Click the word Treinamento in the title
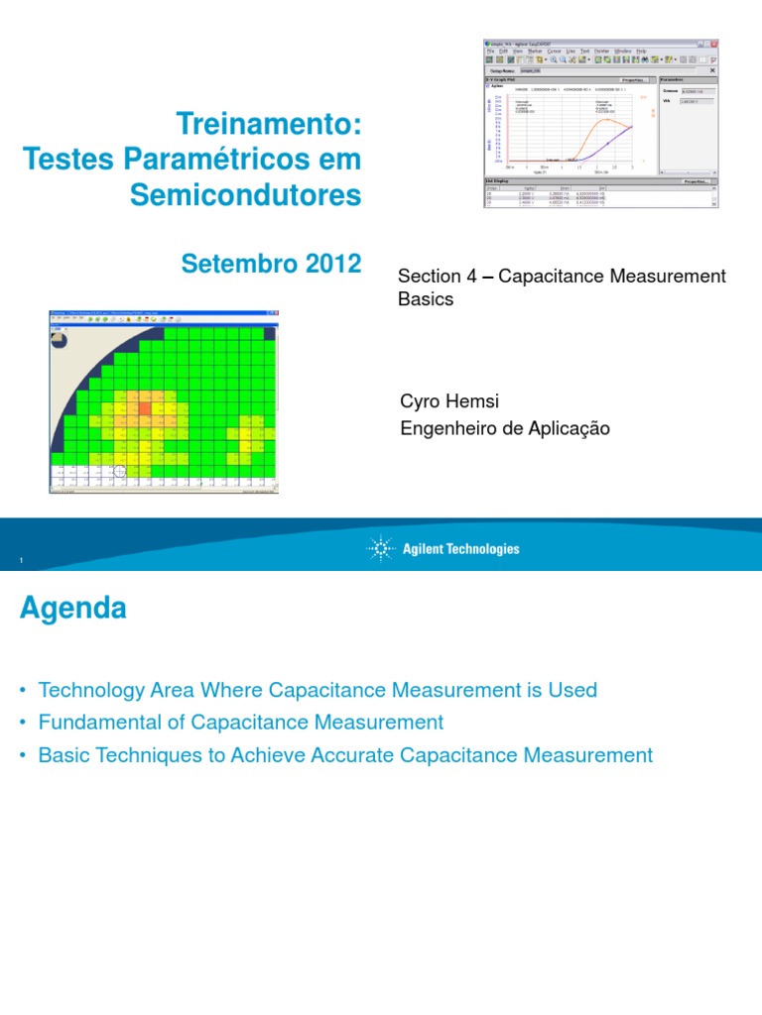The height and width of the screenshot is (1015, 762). tap(263, 125)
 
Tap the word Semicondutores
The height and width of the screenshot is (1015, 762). tap(246, 195)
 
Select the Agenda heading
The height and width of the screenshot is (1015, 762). tap(72, 608)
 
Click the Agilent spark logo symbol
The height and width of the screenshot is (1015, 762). tap(381, 548)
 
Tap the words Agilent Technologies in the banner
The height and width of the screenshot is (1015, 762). tap(460, 549)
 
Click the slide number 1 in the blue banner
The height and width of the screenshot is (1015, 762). tap(21, 563)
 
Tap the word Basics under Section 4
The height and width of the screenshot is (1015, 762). tap(425, 298)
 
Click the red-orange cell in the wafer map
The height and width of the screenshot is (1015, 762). tap(144, 406)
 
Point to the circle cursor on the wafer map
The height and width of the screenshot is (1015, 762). tap(120, 471)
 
